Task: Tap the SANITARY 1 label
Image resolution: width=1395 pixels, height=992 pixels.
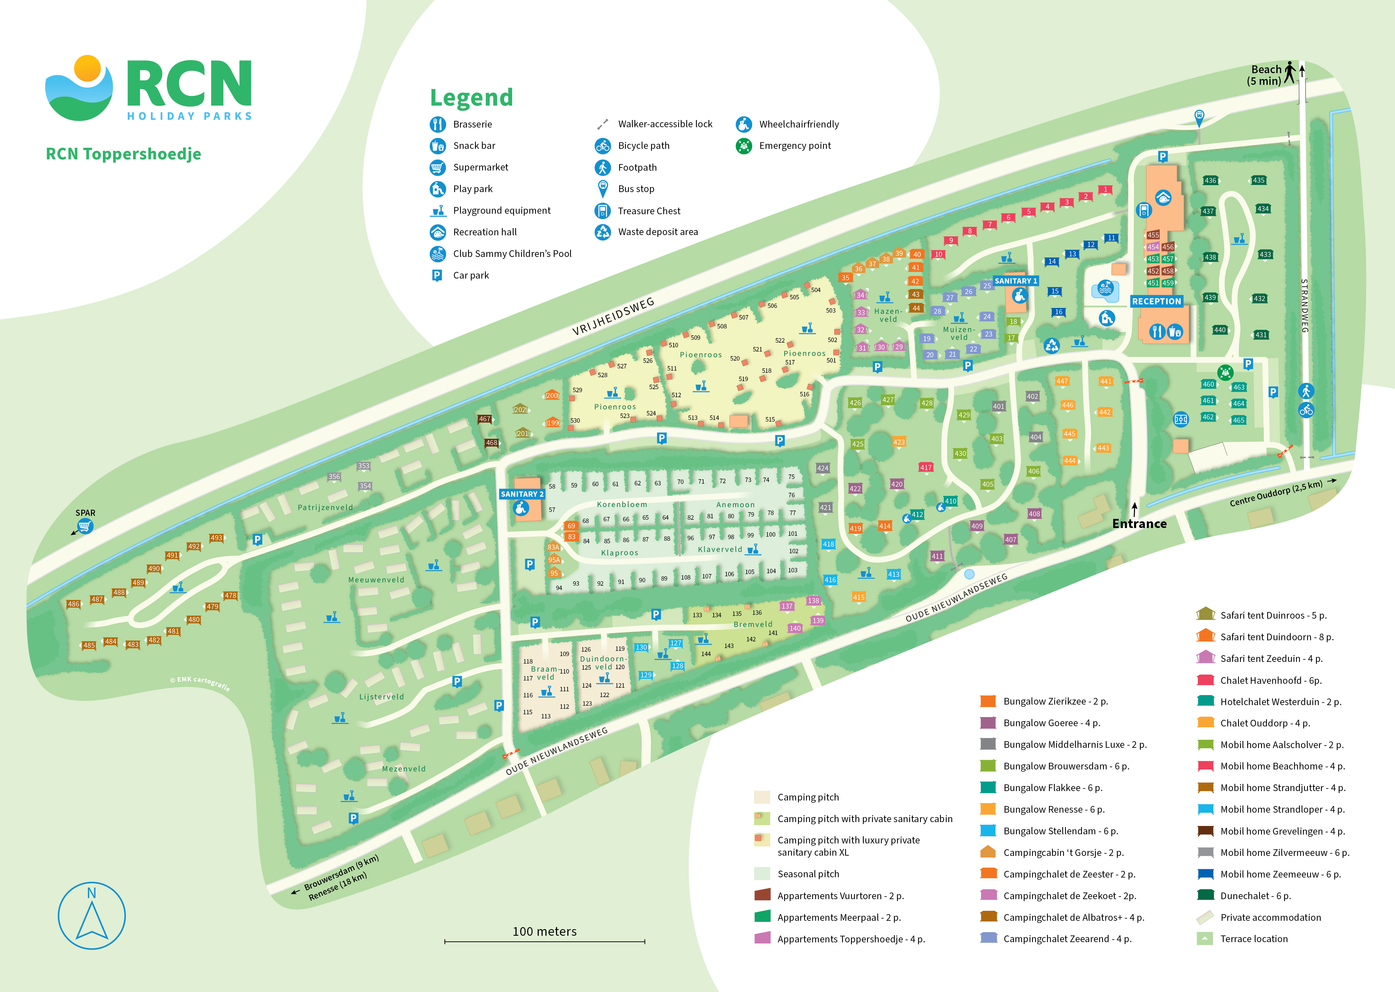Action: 1016,281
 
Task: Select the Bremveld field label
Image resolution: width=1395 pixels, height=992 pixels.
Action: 753,624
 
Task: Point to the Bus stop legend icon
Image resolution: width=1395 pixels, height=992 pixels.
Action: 603,189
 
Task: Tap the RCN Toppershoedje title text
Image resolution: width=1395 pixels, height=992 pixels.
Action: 123,154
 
